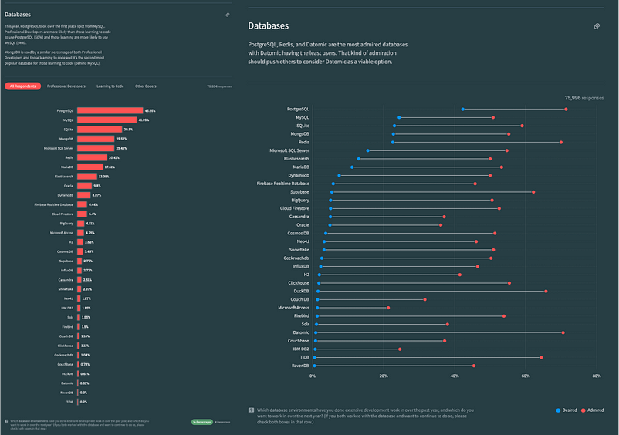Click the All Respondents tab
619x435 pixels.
22,86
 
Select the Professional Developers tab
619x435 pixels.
66,86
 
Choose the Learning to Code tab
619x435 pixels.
110,86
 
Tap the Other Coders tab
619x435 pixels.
146,86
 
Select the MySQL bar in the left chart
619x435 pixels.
107,120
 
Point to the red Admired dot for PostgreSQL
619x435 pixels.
566,109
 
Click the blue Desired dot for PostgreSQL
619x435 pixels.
463,109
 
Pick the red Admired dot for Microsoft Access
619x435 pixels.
388,308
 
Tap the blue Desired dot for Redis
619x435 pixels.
393,142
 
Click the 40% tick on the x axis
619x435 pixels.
455,376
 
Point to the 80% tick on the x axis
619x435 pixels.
597,376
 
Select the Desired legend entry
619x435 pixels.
567,410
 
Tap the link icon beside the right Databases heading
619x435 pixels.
597,26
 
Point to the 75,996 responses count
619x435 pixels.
584,98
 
